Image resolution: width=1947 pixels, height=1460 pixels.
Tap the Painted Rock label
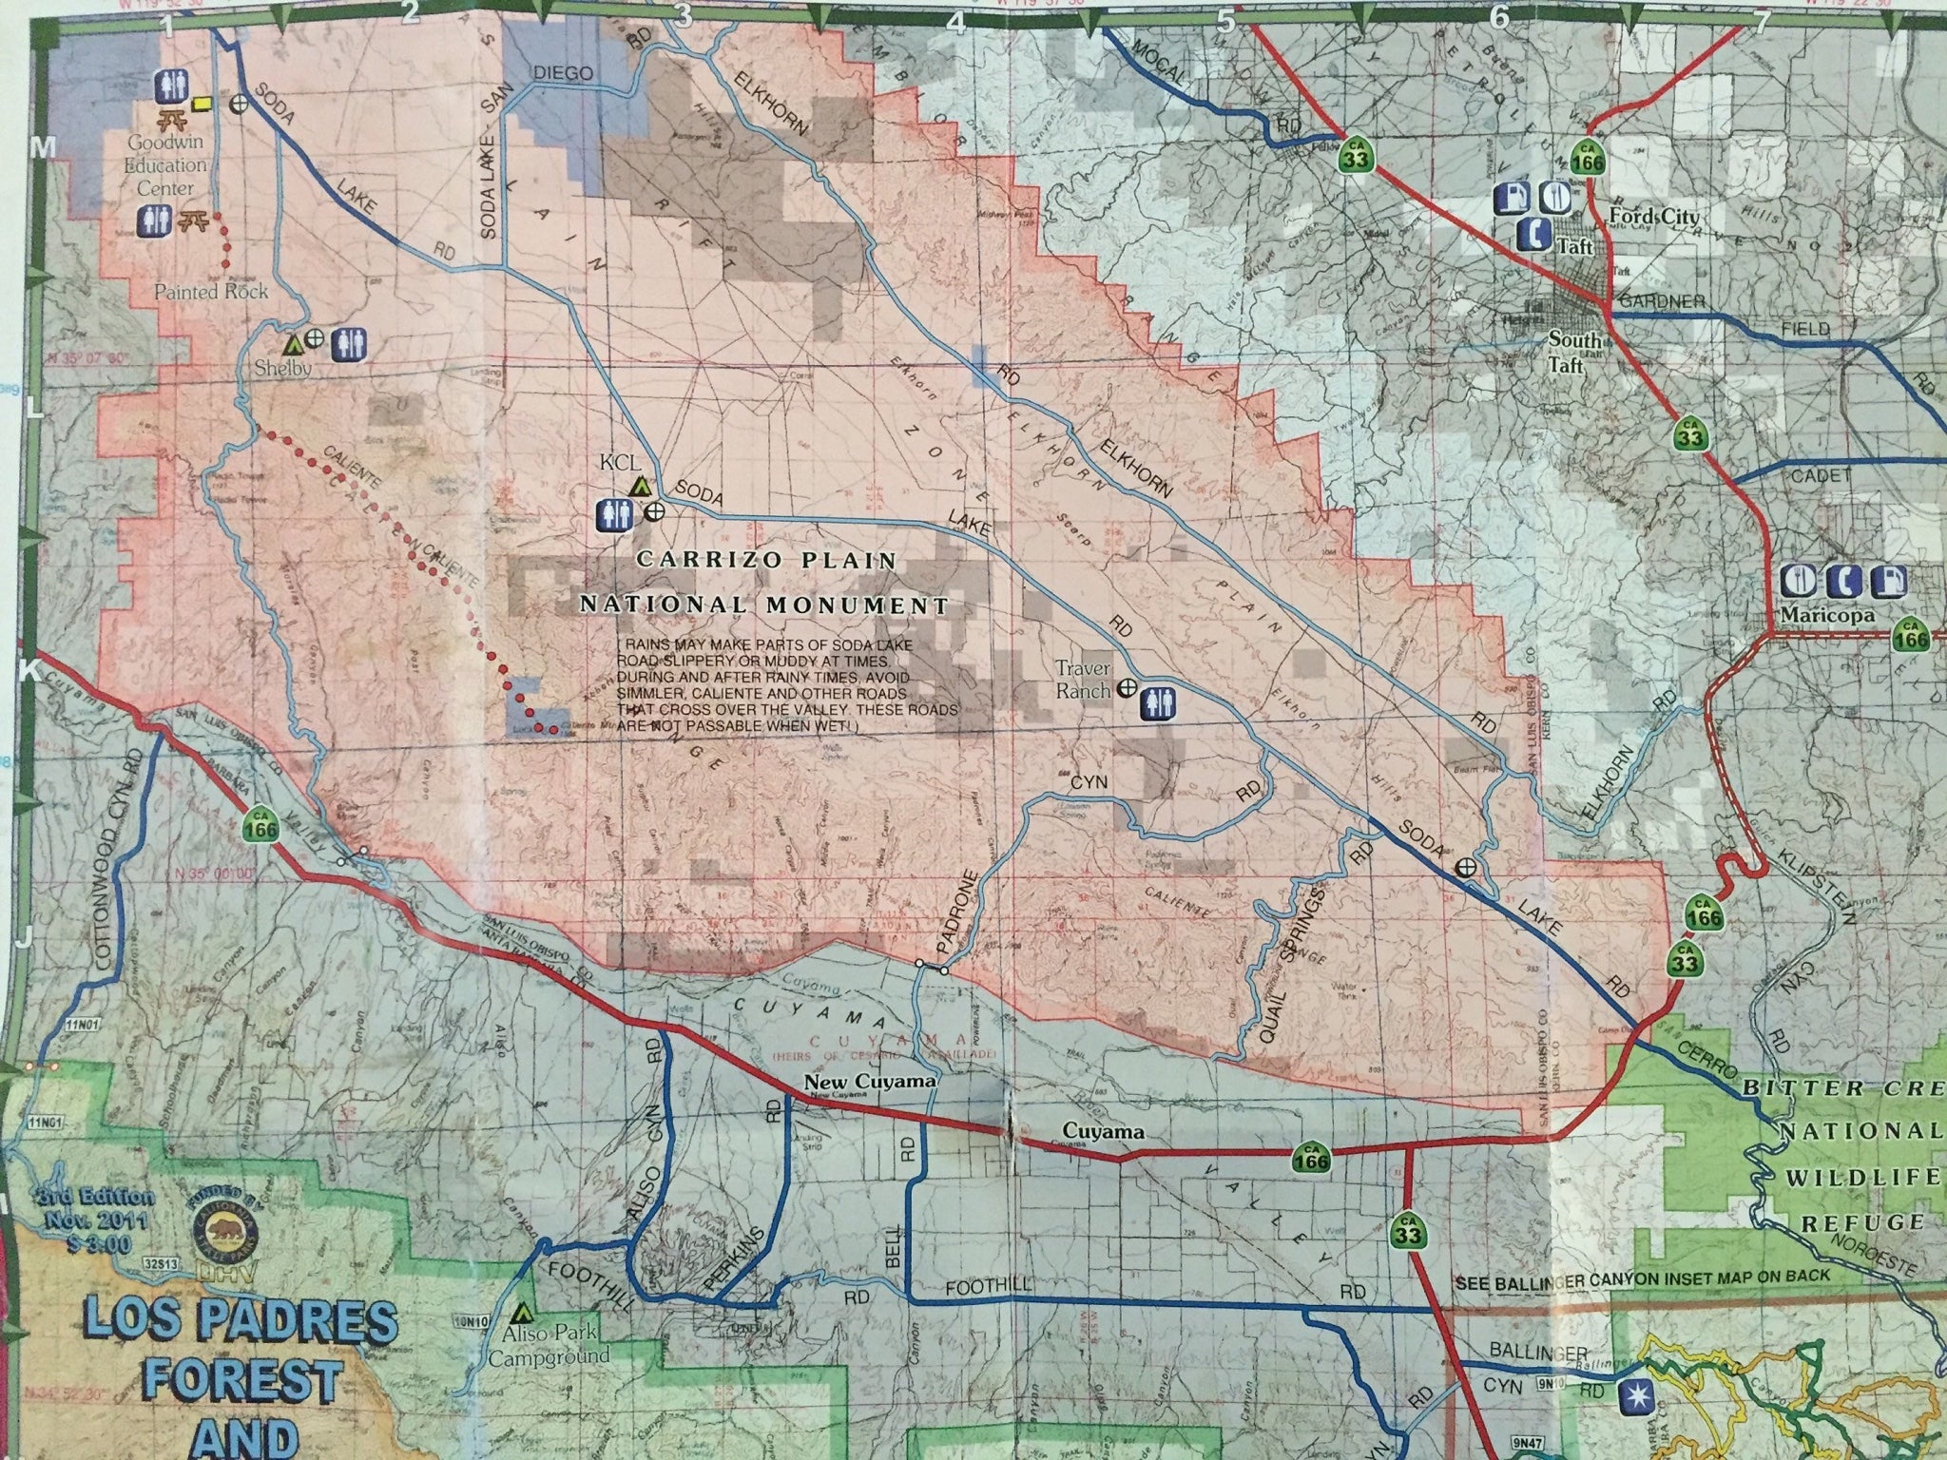[211, 292]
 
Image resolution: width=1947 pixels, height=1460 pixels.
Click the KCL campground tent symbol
[641, 486]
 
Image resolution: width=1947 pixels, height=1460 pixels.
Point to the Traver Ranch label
[1084, 680]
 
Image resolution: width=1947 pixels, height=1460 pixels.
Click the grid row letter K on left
[27, 671]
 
